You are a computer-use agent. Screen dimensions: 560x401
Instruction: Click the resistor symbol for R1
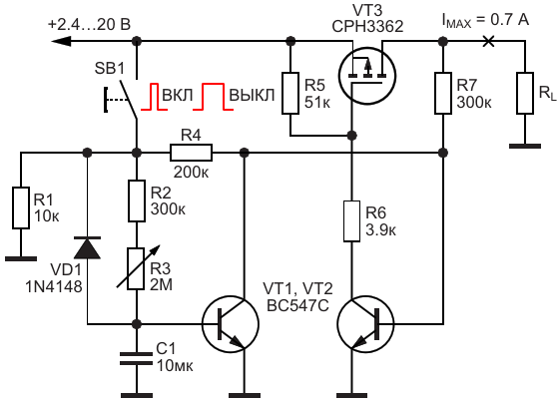tap(21, 207)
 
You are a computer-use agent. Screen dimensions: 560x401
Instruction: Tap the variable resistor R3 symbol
tap(137, 267)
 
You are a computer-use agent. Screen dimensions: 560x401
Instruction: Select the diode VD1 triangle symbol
tap(87, 247)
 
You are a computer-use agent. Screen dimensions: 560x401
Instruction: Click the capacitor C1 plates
tap(137, 358)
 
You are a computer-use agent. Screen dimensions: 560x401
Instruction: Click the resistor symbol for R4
tap(191, 153)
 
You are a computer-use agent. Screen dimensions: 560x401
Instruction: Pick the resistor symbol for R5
tap(290, 93)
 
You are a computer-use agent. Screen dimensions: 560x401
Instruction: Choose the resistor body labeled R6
tap(351, 221)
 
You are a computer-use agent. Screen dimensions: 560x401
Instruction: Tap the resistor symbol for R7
tap(443, 93)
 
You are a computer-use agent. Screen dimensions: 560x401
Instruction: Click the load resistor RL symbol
tap(525, 93)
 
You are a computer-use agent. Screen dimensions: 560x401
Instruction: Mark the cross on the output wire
tap(488, 41)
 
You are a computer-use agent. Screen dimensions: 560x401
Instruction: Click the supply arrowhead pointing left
tap(62, 42)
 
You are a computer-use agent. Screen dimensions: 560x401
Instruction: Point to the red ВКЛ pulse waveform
tap(154, 97)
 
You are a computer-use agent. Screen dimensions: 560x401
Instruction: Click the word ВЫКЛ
tap(252, 96)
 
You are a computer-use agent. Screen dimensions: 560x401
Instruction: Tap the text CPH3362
tap(367, 27)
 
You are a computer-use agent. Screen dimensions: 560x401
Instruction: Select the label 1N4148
tap(54, 286)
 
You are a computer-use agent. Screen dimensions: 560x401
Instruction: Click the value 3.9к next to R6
tap(380, 230)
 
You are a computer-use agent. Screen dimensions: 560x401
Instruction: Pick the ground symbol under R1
tap(21, 258)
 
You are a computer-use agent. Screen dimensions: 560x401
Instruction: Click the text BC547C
tap(297, 306)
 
